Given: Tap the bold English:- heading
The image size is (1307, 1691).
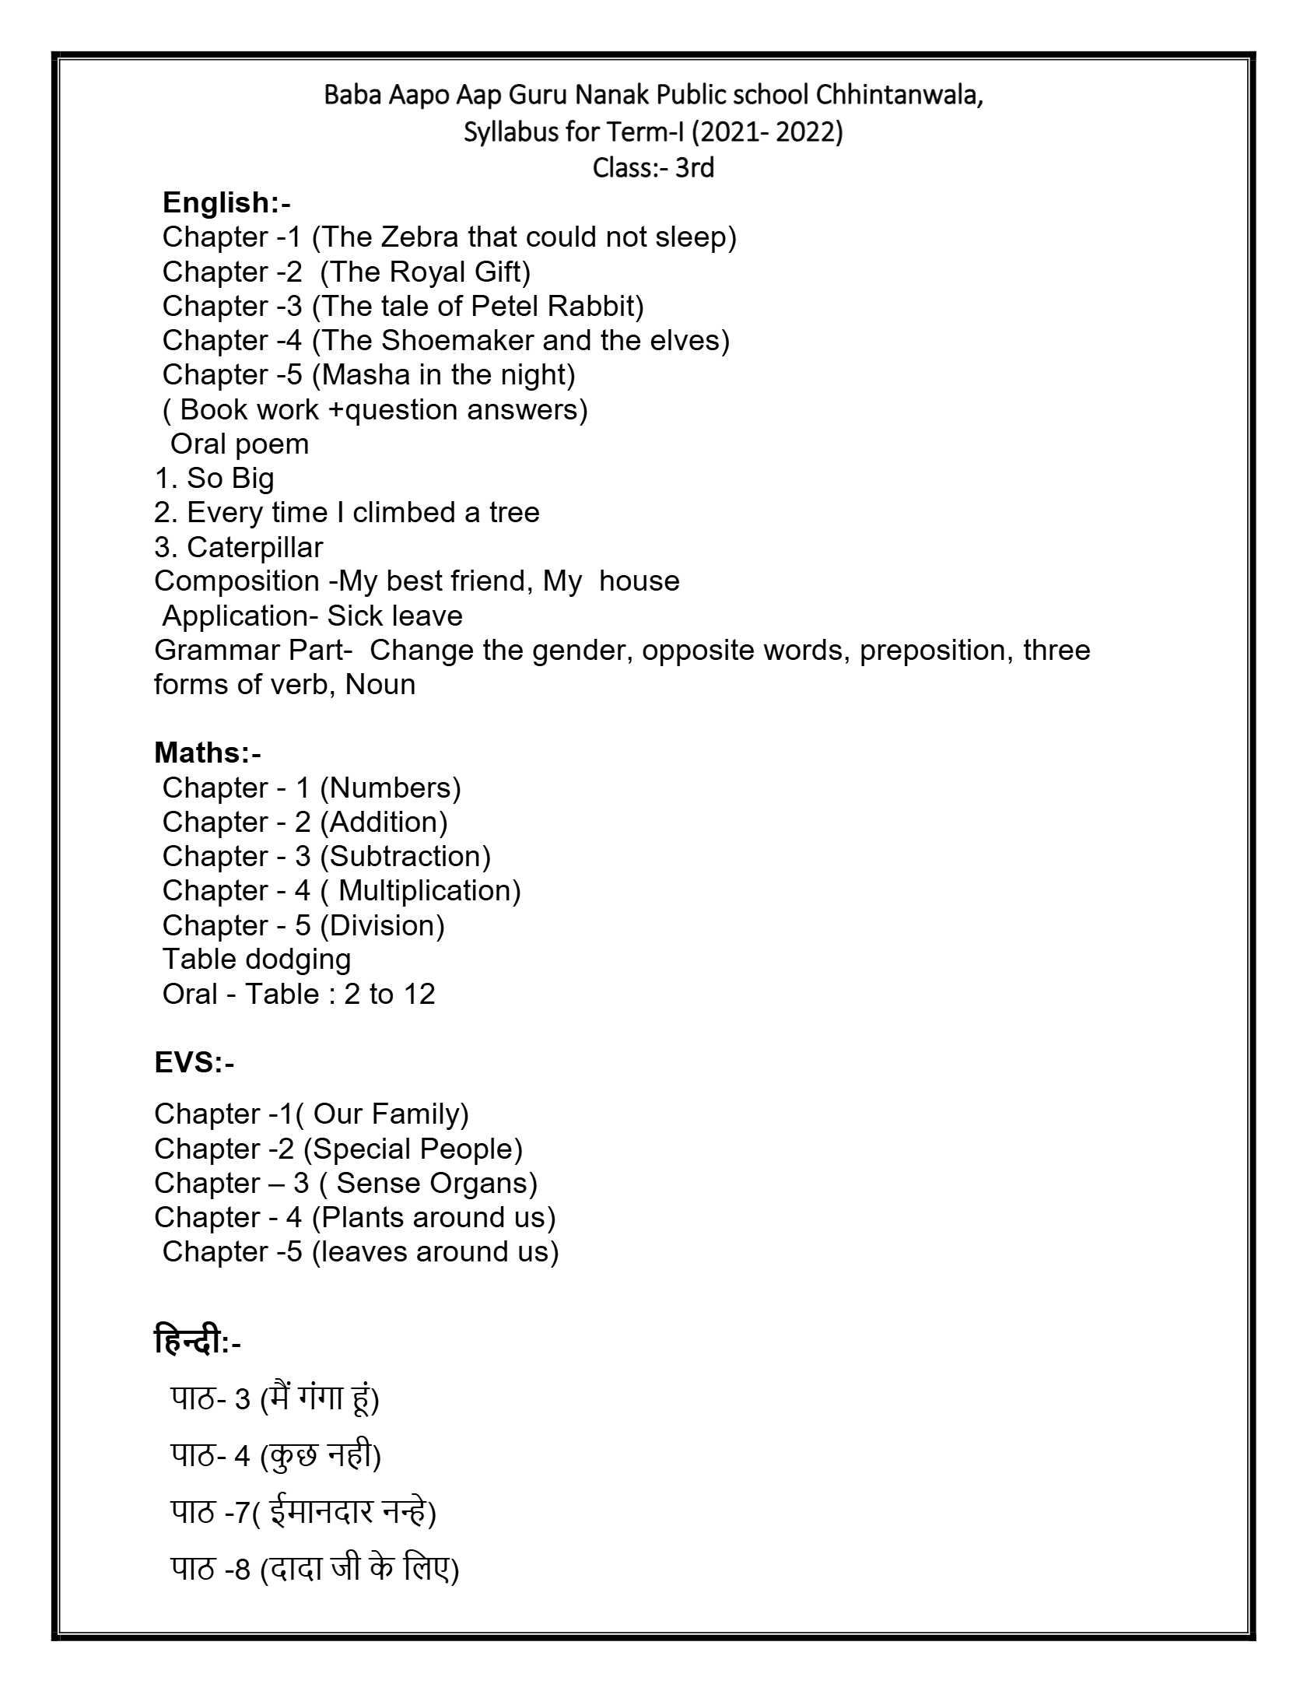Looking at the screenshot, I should pyautogui.click(x=226, y=203).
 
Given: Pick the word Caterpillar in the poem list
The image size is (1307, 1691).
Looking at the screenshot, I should pyautogui.click(x=254, y=548).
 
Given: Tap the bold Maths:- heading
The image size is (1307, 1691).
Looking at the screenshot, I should pyautogui.click(x=208, y=753).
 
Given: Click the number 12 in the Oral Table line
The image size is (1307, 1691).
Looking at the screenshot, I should pyautogui.click(x=419, y=995).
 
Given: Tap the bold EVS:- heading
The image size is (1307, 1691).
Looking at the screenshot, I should pyautogui.click(x=194, y=1063).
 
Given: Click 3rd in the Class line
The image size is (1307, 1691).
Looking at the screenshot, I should pyautogui.click(x=694, y=168).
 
